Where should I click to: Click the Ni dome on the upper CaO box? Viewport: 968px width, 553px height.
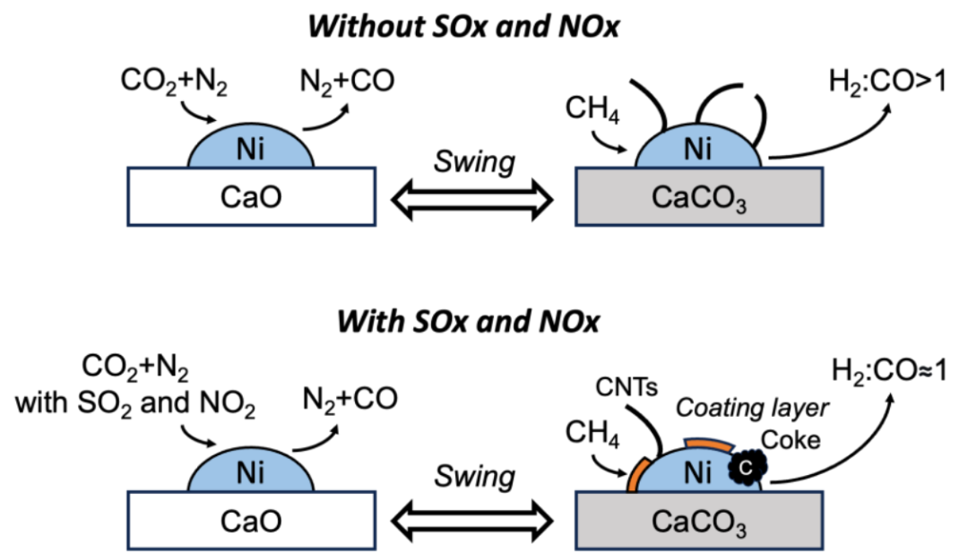[251, 149]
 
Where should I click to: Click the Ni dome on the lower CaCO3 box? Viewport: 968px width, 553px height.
[699, 469]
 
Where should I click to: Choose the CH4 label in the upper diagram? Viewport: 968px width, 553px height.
[592, 113]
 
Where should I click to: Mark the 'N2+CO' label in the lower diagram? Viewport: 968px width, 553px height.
[348, 396]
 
